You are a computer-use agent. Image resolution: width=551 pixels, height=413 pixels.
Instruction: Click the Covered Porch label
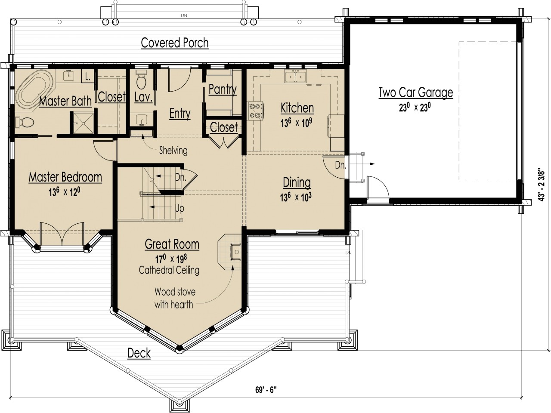[x=175, y=43]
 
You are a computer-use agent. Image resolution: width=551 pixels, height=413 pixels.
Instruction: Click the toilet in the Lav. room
[x=141, y=82]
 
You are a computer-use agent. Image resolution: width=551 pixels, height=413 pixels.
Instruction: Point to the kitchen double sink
[x=295, y=77]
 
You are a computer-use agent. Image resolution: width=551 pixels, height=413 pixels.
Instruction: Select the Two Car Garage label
[x=415, y=92]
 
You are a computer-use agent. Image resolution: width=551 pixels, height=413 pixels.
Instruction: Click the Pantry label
[x=223, y=89]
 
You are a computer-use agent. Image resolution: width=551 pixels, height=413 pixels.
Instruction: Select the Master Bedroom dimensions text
[x=65, y=192]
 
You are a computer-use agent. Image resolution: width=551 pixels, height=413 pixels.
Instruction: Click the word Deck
[x=139, y=354]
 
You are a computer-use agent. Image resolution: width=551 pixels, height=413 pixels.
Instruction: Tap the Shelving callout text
[x=173, y=151]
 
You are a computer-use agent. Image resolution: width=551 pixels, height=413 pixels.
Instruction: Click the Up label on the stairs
[x=180, y=209]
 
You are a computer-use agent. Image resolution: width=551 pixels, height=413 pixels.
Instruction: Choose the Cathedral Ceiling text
[x=169, y=270]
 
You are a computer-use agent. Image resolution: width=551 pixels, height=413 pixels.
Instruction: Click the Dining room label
[x=297, y=182]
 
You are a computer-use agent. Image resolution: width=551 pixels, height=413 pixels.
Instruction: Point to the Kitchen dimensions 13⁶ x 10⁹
[x=297, y=123]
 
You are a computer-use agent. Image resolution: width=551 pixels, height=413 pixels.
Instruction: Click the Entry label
[x=180, y=114]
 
